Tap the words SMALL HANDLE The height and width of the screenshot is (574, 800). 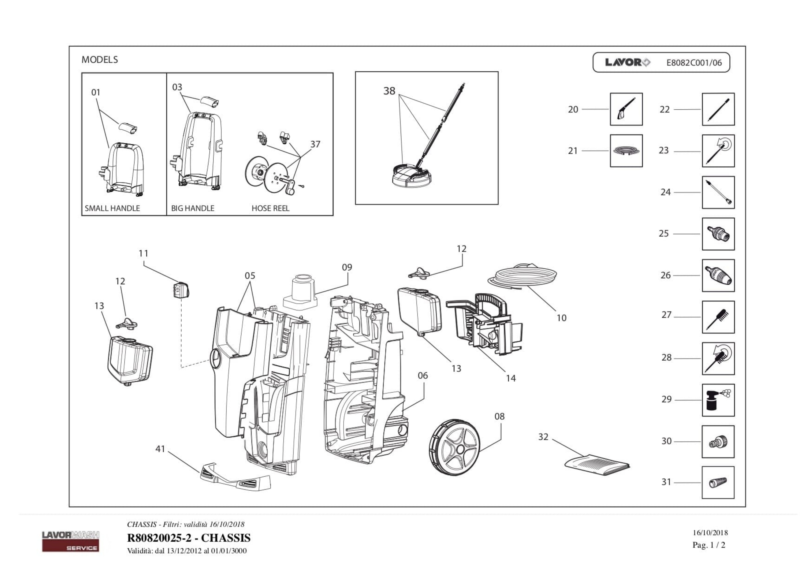tap(112, 208)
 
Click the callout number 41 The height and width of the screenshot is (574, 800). tap(160, 449)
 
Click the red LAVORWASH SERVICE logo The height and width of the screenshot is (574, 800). tap(71, 541)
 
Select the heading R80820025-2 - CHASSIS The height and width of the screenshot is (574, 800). tap(189, 538)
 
